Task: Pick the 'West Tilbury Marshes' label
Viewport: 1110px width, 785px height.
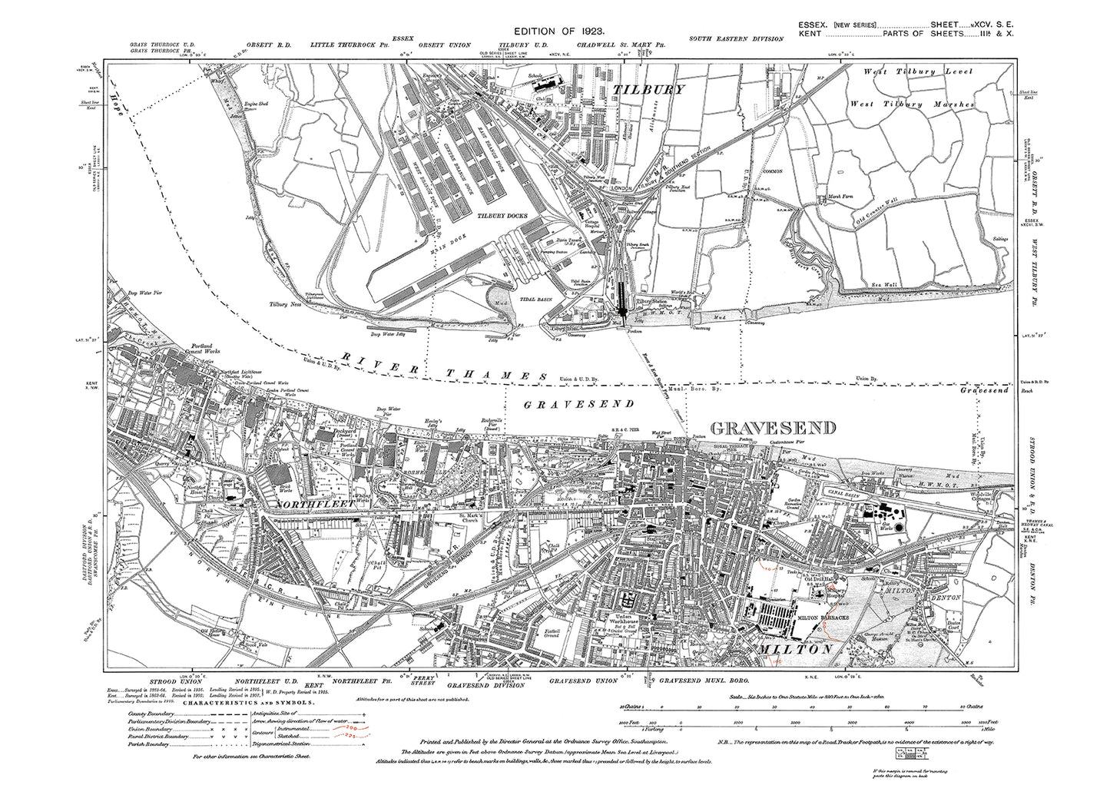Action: [x=913, y=104]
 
